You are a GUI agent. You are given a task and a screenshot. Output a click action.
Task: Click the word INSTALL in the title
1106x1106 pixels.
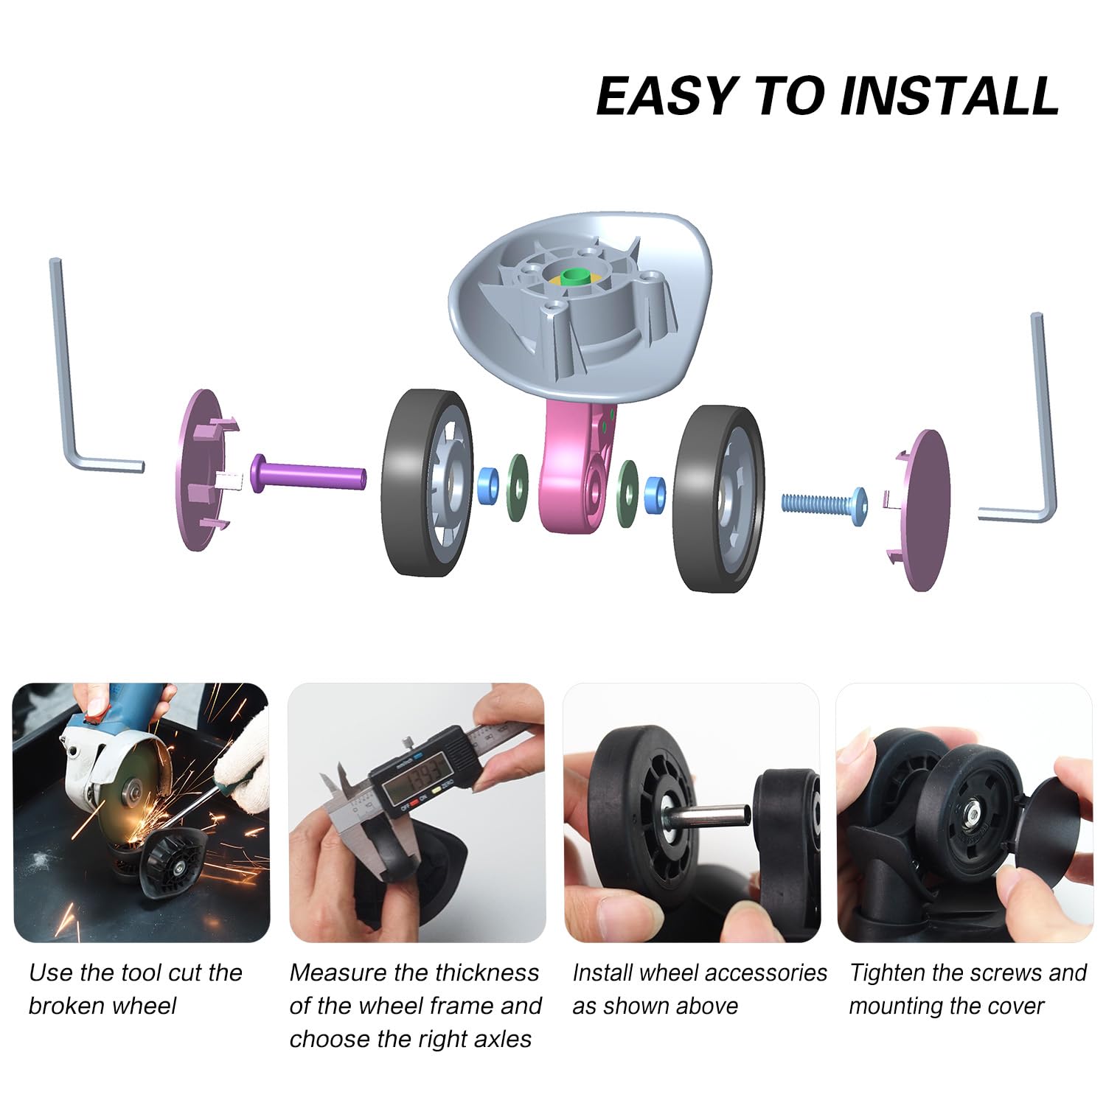click(950, 96)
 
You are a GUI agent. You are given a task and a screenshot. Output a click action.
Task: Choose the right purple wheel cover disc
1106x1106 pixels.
click(919, 510)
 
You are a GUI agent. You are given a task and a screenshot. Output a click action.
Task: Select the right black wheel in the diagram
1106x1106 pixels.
click(718, 498)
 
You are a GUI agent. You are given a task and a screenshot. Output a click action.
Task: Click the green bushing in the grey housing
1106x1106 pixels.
click(576, 277)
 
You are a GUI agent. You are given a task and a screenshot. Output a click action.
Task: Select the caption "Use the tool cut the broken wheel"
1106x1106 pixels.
click(136, 989)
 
